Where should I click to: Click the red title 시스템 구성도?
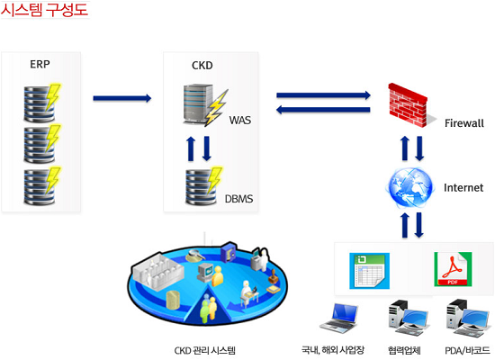pyautogui.click(x=44, y=10)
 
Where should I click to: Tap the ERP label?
pyautogui.click(x=40, y=65)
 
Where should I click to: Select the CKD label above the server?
pyautogui.click(x=202, y=66)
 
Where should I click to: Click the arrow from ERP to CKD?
pyautogui.click(x=122, y=98)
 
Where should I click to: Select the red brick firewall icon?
pyautogui.click(x=408, y=105)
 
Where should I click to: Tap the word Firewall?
pyautogui.click(x=464, y=122)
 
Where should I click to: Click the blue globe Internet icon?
pyautogui.click(x=409, y=188)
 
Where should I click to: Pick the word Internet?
pyautogui.click(x=463, y=187)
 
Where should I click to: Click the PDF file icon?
pyautogui.click(x=453, y=269)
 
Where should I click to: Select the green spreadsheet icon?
pyautogui.click(x=369, y=271)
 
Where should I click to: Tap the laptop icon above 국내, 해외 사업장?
pyautogui.click(x=339, y=319)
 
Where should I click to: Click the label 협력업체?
pyautogui.click(x=404, y=350)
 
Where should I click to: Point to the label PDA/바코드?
pyautogui.click(x=467, y=350)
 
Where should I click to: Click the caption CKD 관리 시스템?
pyautogui.click(x=205, y=350)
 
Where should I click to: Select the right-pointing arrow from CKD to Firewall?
pyautogui.click(x=324, y=95)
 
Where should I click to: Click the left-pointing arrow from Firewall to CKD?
pyautogui.click(x=323, y=110)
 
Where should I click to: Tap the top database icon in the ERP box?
pyautogui.click(x=42, y=103)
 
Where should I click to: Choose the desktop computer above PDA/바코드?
pyautogui.click(x=467, y=318)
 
